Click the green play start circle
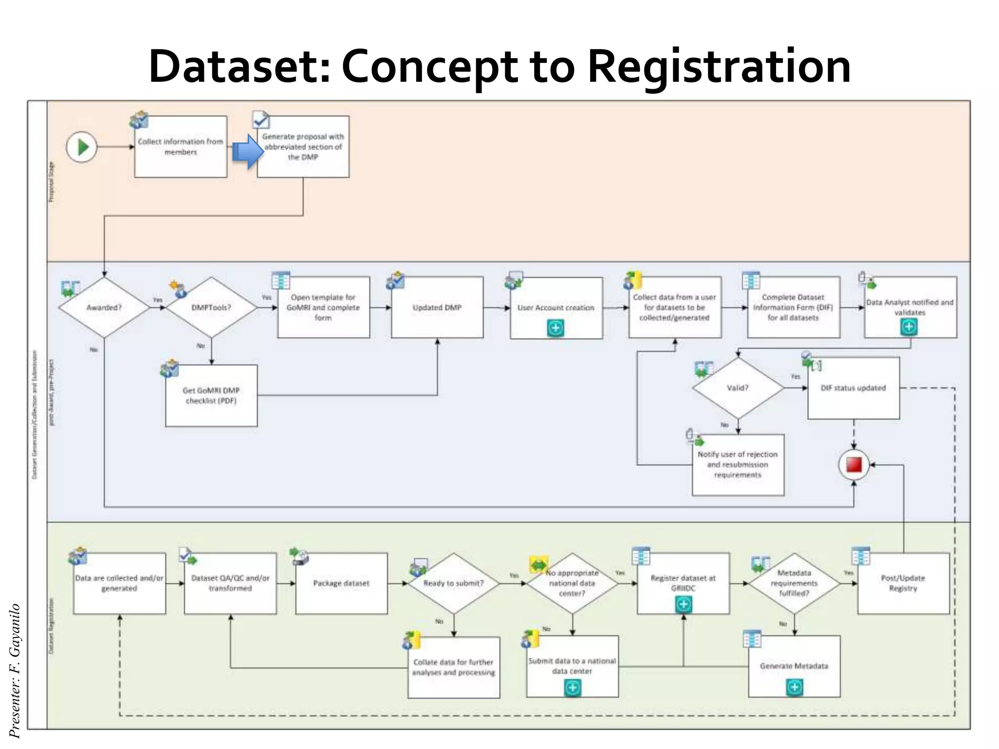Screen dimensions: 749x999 point(82,147)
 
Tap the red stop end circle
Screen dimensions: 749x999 point(854,465)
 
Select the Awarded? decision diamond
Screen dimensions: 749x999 point(104,307)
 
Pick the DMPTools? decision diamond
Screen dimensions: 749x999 point(211,307)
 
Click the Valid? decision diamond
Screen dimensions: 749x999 point(738,388)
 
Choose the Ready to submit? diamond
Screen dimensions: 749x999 point(454,583)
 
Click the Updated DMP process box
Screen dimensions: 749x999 point(437,307)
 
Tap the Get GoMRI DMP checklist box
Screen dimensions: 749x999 point(211,395)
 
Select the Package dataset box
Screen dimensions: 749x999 point(341,583)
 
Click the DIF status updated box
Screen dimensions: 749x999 point(853,388)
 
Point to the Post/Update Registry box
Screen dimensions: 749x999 point(903,583)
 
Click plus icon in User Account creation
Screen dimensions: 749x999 point(556,328)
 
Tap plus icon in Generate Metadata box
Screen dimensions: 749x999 point(794,687)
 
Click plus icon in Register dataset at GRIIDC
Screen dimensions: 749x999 point(683,604)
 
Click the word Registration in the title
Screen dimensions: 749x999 point(719,67)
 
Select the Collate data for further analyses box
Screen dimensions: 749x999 point(454,667)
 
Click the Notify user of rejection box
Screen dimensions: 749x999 point(738,464)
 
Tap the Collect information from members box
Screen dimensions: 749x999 point(180,146)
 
